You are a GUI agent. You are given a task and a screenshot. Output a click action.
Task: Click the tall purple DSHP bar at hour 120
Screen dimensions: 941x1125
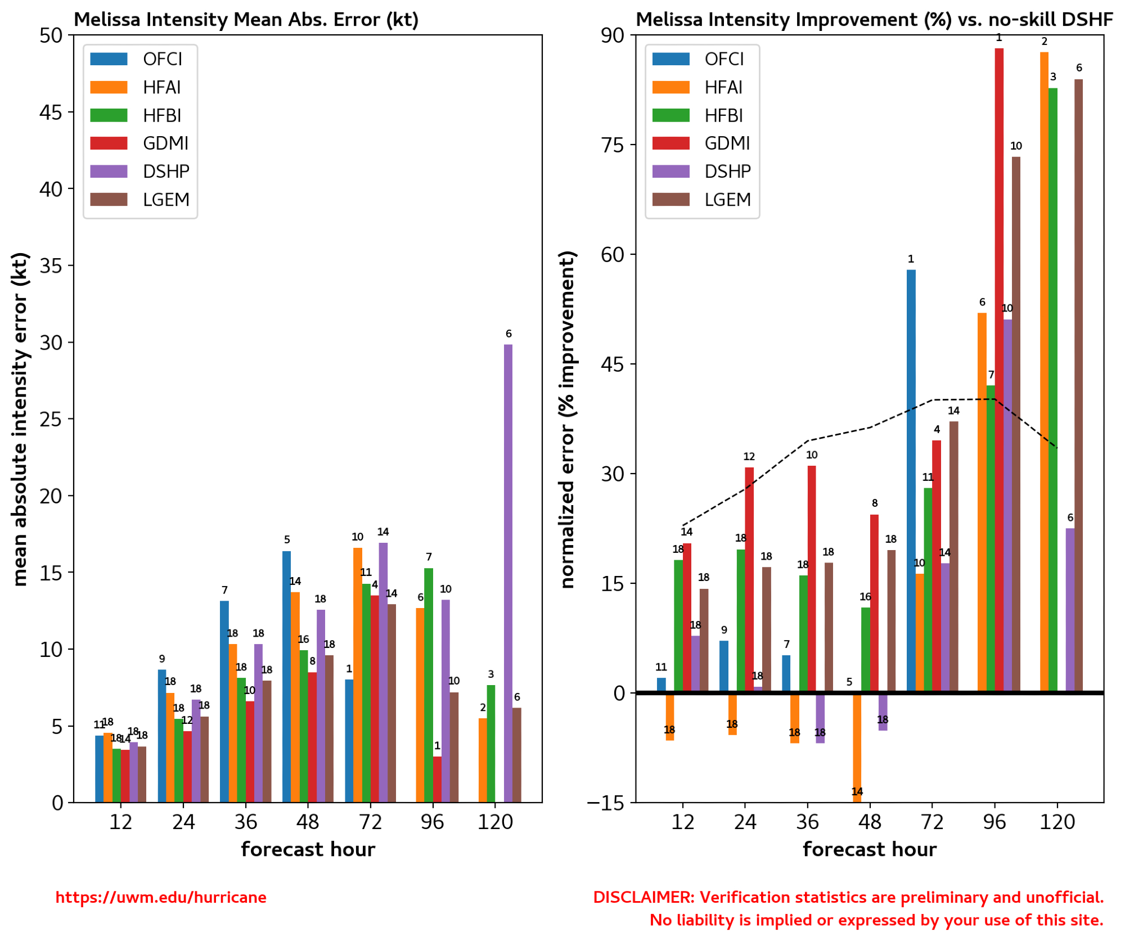click(508, 574)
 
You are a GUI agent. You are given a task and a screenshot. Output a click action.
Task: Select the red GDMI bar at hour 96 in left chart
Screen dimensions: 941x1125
click(437, 780)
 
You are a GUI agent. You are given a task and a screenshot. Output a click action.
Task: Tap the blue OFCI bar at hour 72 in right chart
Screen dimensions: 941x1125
click(911, 481)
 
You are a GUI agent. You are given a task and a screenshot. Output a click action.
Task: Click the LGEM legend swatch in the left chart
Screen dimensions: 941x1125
click(109, 200)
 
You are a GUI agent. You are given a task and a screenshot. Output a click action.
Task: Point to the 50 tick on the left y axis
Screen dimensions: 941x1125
click(51, 35)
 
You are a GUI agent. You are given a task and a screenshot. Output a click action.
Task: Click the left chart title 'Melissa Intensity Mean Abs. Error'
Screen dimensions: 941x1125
click(246, 20)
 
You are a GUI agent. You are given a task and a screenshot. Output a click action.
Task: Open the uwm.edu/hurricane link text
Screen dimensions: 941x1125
click(161, 898)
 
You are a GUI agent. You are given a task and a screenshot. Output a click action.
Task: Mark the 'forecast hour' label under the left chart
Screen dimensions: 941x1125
click(308, 849)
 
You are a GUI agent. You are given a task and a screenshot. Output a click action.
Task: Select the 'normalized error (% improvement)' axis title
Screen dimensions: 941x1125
click(568, 420)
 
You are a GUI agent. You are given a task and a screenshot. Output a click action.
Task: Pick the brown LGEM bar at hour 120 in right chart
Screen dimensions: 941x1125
click(1078, 385)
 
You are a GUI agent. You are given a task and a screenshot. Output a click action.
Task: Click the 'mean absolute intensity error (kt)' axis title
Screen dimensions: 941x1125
click(20, 420)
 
